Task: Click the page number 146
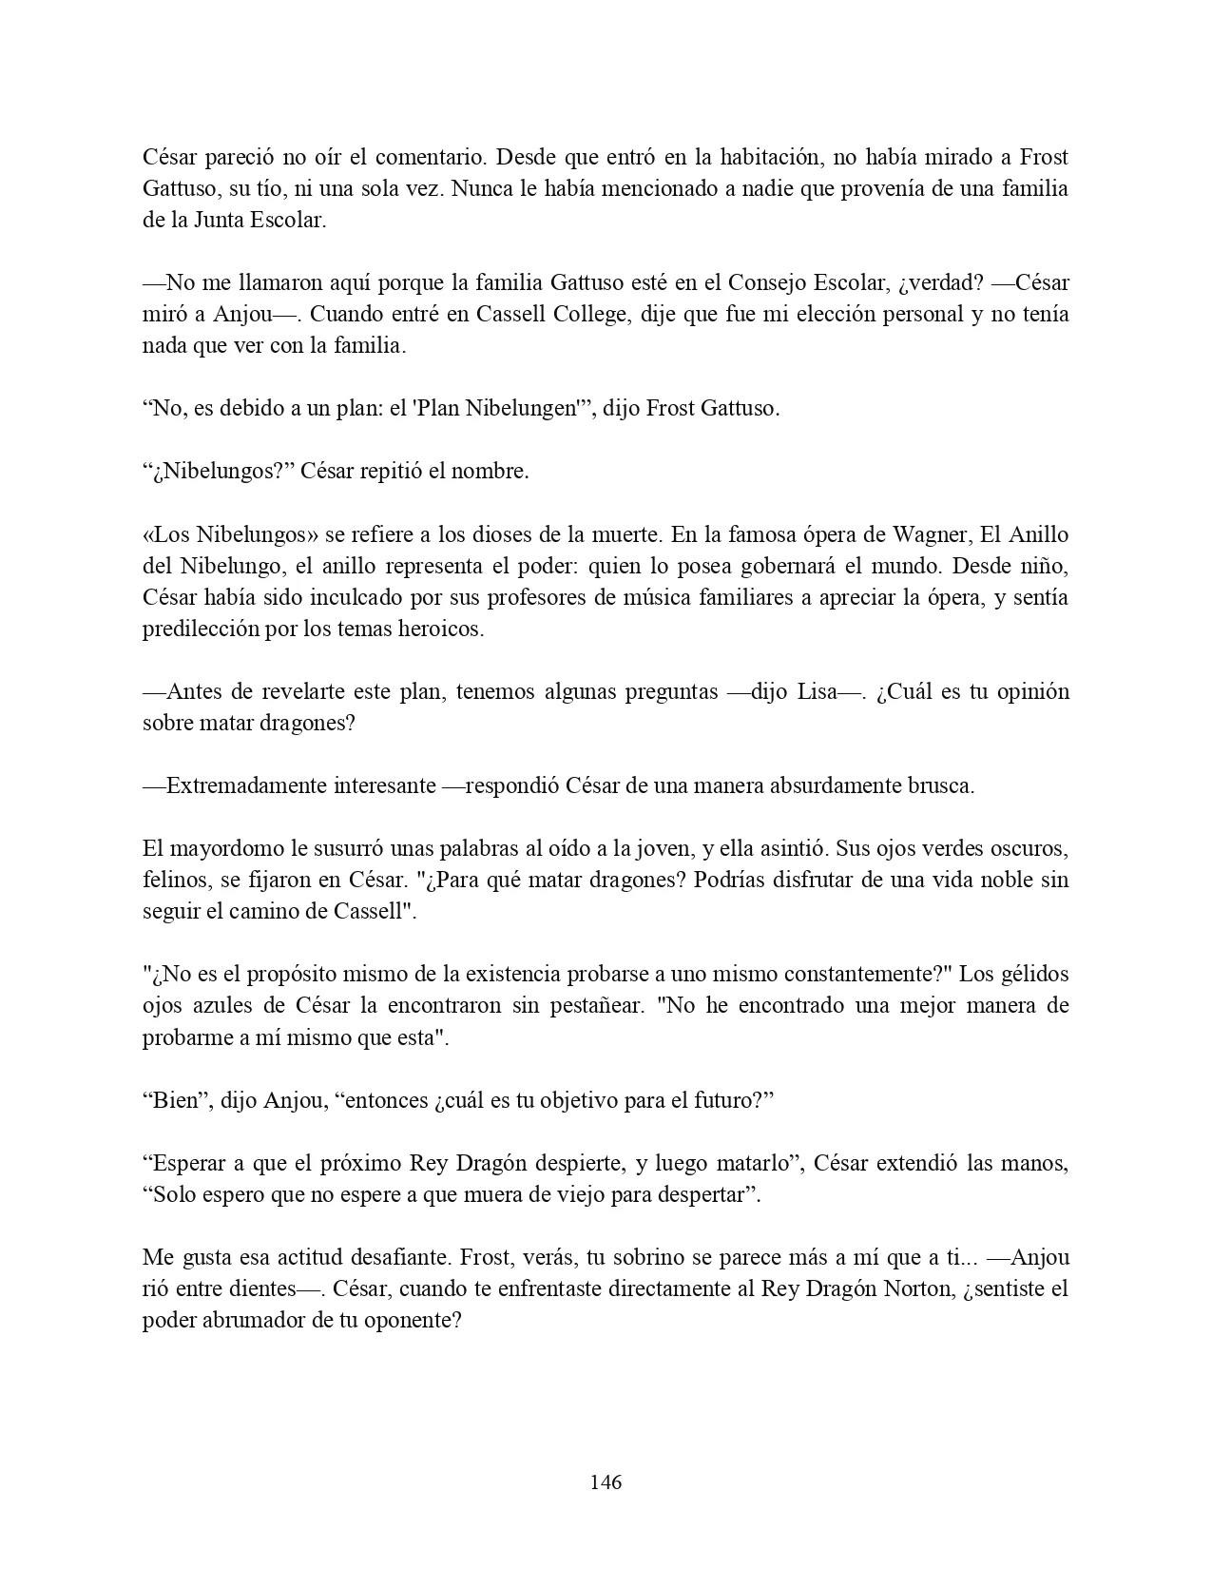(x=606, y=1482)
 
